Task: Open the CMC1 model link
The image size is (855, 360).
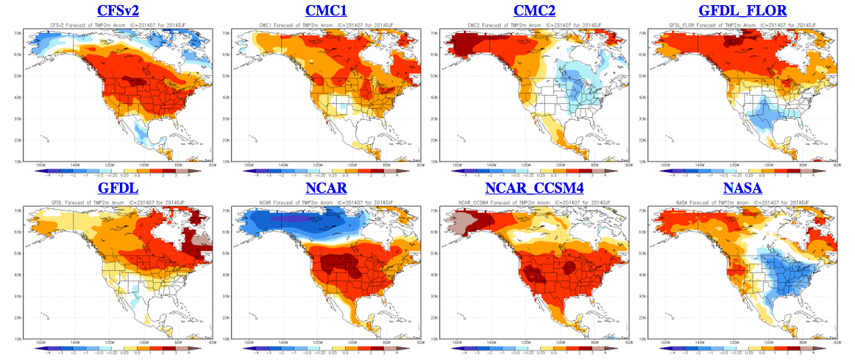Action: click(327, 10)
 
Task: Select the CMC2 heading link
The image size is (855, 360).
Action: click(534, 10)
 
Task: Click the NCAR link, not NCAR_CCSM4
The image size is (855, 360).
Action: click(327, 189)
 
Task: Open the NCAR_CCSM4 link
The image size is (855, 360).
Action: click(534, 189)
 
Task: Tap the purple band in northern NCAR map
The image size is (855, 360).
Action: click(294, 219)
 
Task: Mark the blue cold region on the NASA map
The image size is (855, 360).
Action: click(780, 280)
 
